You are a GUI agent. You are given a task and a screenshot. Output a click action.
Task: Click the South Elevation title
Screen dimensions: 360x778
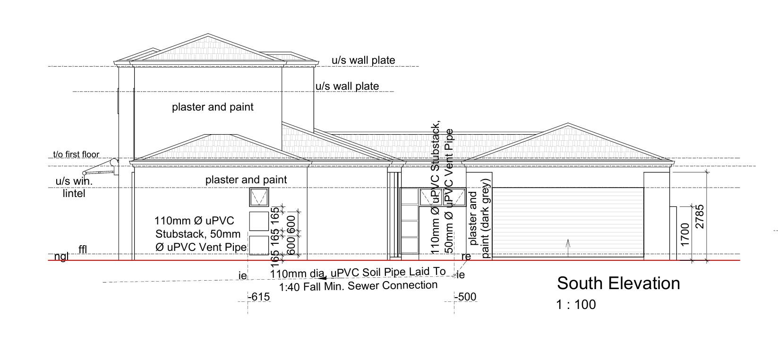(x=618, y=283)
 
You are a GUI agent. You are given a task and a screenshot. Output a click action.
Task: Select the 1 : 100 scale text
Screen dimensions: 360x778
(x=576, y=305)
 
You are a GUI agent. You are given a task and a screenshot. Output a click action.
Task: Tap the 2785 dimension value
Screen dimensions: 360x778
(x=700, y=216)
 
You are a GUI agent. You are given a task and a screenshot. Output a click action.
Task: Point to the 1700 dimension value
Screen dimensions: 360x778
(x=685, y=234)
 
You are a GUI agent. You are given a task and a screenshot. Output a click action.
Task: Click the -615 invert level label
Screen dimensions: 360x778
(x=259, y=297)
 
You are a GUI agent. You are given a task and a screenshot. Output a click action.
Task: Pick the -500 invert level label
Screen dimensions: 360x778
(x=466, y=297)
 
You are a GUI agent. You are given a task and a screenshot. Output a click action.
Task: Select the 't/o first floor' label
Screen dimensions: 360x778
(x=76, y=154)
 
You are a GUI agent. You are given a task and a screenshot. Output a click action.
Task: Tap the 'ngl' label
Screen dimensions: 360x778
(x=61, y=257)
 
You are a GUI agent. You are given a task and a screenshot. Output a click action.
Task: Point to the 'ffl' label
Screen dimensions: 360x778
(x=83, y=249)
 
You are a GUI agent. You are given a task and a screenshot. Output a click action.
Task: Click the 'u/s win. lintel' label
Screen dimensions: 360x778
(x=74, y=187)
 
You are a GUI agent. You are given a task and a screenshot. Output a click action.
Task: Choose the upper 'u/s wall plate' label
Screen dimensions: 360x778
(x=363, y=60)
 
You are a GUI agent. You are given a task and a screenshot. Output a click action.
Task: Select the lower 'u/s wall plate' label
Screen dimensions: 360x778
(x=347, y=86)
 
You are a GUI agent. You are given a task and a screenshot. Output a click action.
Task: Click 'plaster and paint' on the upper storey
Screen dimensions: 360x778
(x=213, y=107)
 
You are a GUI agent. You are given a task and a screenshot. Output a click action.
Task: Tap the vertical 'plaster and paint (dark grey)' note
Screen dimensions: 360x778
(x=480, y=218)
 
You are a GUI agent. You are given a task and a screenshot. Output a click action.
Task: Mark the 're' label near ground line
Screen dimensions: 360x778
(x=466, y=257)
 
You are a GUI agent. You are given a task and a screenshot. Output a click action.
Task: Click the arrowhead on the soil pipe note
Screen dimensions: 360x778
(x=323, y=279)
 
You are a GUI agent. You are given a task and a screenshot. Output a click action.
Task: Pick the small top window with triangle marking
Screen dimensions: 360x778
(x=259, y=197)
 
